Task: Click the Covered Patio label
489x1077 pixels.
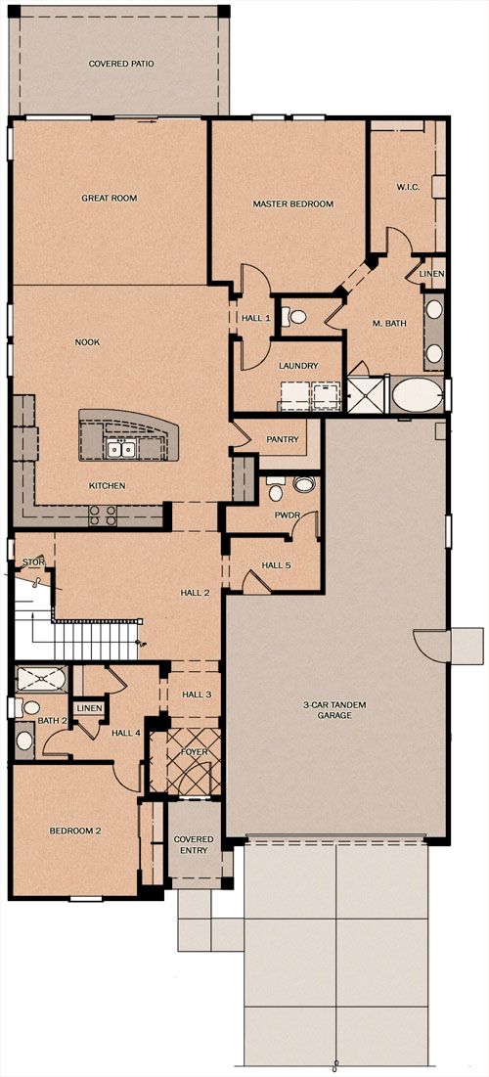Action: [121, 64]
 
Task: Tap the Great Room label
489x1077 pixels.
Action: [110, 198]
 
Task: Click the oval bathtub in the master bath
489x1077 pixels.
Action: [417, 394]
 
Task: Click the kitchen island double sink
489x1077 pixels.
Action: [121, 450]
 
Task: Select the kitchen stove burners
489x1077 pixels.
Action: [102, 516]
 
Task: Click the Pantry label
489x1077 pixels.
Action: [283, 439]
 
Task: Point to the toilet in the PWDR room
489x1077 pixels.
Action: [276, 490]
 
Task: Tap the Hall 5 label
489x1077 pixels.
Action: [276, 565]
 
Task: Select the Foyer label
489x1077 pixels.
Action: [195, 752]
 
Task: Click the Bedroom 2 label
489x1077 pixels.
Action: [75, 830]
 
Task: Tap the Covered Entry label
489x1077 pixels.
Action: [193, 845]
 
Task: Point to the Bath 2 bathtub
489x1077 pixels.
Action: [42, 679]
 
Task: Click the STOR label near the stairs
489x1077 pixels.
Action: [33, 562]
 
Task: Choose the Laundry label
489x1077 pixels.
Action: [298, 366]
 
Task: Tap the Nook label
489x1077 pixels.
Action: [88, 342]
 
